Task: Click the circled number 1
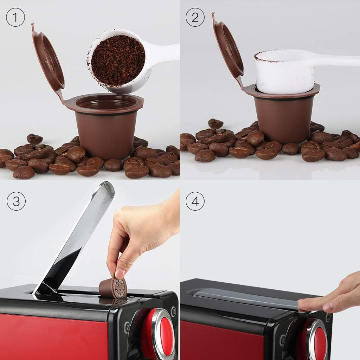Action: click(15, 18)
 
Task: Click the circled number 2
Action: click(195, 18)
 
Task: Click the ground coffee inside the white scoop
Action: click(118, 60)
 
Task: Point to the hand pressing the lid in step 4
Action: click(334, 295)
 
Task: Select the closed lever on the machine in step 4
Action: click(246, 297)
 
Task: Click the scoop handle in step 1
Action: click(165, 53)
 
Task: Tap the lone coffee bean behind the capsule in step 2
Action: click(215, 123)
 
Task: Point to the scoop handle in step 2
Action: click(337, 60)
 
